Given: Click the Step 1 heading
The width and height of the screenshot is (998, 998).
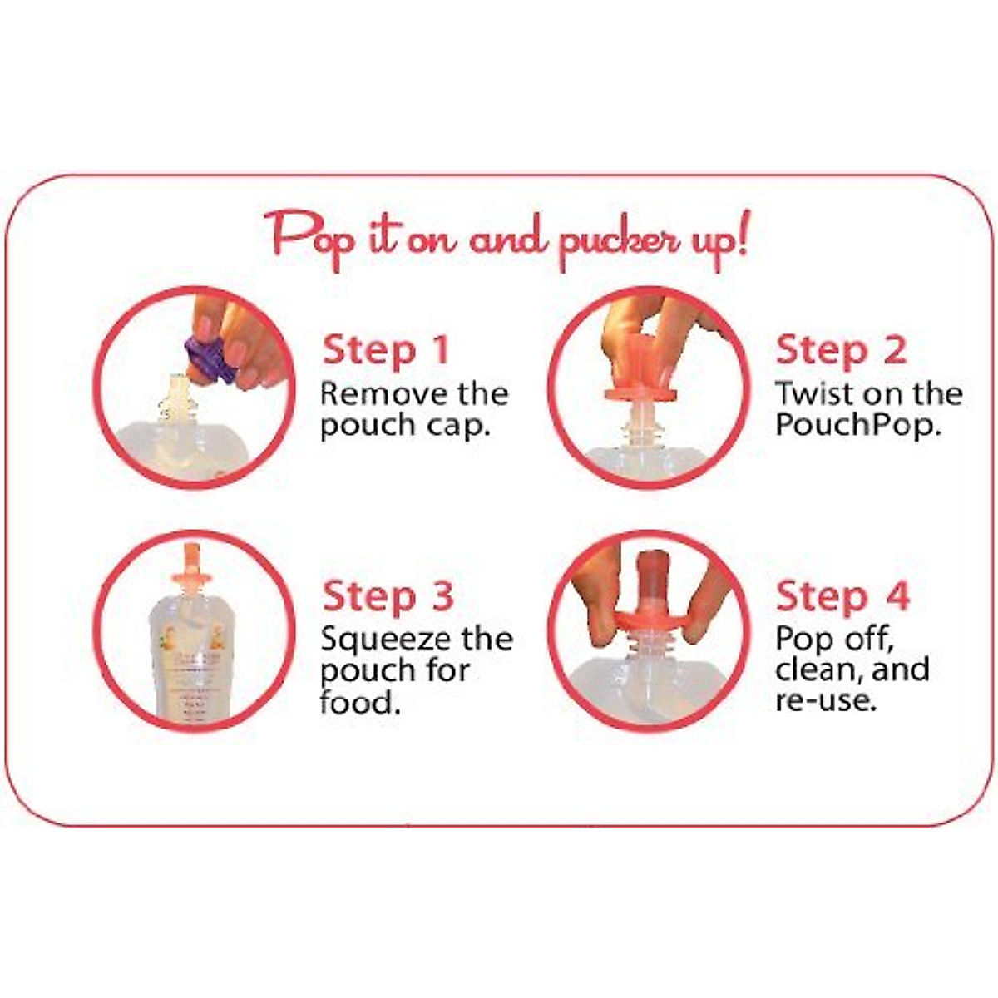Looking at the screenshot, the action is [386, 349].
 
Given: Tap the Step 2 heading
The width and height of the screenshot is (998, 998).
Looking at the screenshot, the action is [841, 349].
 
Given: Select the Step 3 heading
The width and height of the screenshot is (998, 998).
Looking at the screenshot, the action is [388, 596].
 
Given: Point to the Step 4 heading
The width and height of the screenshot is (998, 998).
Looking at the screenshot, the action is [842, 596].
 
